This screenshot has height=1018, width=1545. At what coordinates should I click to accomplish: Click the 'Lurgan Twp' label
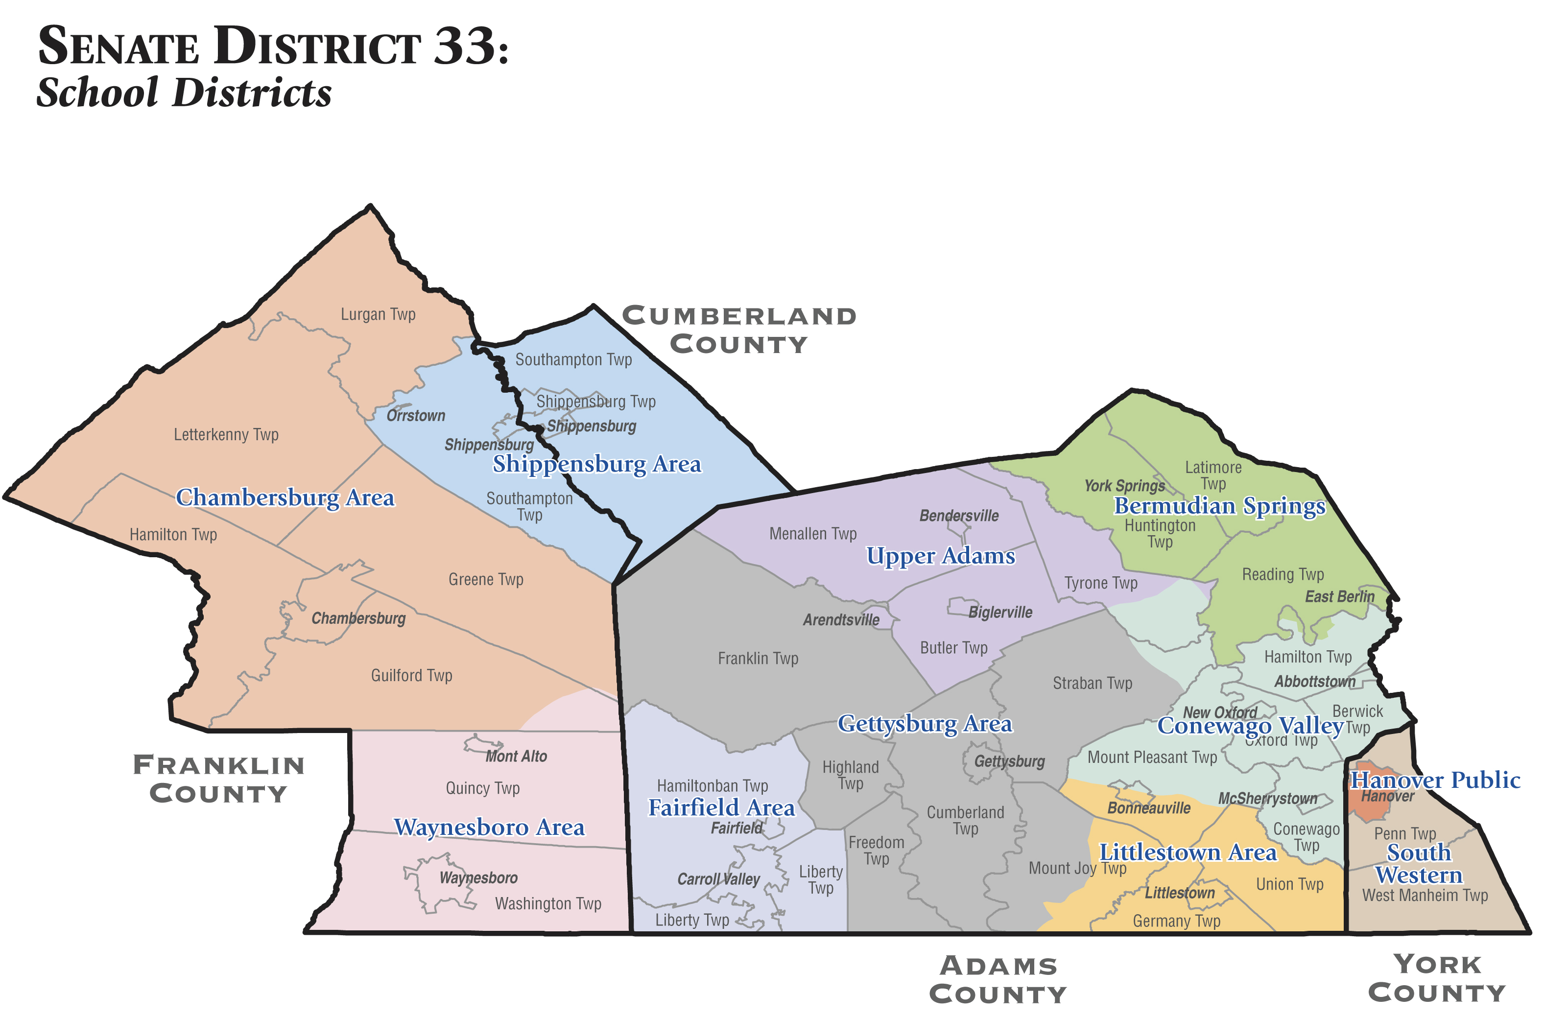378,314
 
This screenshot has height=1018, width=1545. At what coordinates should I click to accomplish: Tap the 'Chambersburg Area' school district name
285,498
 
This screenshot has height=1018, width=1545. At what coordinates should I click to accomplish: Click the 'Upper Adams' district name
941,556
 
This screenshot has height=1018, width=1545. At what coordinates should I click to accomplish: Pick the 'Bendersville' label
959,516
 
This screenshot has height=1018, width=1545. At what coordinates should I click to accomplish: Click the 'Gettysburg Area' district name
925,724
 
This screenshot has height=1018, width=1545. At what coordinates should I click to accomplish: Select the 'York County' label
1437,978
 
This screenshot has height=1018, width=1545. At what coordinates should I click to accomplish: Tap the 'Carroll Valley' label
718,879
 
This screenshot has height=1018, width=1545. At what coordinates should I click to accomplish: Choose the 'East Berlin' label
1340,596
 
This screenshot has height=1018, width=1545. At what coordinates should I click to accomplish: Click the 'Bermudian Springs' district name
1219,506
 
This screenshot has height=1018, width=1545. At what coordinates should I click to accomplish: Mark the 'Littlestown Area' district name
1188,852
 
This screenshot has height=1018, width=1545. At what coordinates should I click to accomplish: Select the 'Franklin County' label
219,779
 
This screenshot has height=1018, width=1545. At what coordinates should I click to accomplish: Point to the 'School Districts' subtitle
184,93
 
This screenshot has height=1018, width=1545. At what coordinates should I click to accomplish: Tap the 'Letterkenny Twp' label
226,434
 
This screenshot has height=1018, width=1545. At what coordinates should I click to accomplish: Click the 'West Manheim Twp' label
1425,895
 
